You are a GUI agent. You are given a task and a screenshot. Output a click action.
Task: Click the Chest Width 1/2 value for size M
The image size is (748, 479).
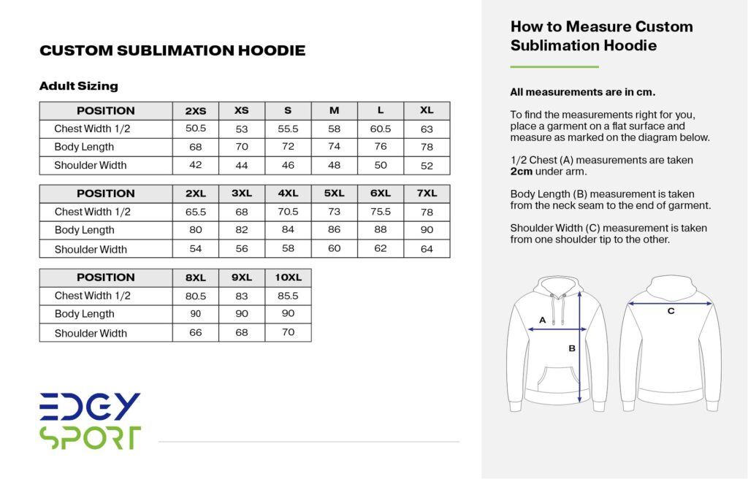(334, 129)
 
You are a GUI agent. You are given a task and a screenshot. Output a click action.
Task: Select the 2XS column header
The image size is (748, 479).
(196, 111)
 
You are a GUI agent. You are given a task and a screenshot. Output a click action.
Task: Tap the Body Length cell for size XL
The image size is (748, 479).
(427, 147)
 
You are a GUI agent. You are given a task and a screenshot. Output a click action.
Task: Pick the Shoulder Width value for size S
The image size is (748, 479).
(288, 166)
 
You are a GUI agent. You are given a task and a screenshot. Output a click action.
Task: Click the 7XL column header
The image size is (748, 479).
(427, 193)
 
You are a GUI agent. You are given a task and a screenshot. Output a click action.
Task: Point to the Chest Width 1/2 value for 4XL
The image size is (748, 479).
(288, 212)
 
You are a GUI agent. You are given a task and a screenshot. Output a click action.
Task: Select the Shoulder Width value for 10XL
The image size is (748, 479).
(288, 332)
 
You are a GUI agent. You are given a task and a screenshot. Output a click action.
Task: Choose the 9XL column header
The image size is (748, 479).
(242, 277)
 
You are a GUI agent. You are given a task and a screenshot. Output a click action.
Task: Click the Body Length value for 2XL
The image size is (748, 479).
(196, 230)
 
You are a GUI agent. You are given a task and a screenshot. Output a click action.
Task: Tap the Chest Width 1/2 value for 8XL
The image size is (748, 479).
(196, 296)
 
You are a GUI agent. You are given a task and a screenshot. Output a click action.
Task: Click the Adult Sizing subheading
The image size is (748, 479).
(79, 86)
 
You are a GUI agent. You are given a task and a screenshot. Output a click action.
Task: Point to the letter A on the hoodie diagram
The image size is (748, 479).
(542, 320)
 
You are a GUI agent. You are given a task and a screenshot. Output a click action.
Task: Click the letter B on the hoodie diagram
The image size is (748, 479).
(572, 348)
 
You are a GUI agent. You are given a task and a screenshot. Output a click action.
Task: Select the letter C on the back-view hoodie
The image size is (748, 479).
(671, 311)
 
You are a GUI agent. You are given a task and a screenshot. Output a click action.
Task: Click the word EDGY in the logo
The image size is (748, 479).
(90, 406)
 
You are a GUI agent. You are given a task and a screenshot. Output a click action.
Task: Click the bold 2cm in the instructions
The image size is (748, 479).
(522, 172)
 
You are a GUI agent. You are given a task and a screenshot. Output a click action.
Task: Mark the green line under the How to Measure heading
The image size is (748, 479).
(554, 67)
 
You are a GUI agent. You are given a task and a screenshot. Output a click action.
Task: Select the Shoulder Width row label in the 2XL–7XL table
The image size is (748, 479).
(91, 249)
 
